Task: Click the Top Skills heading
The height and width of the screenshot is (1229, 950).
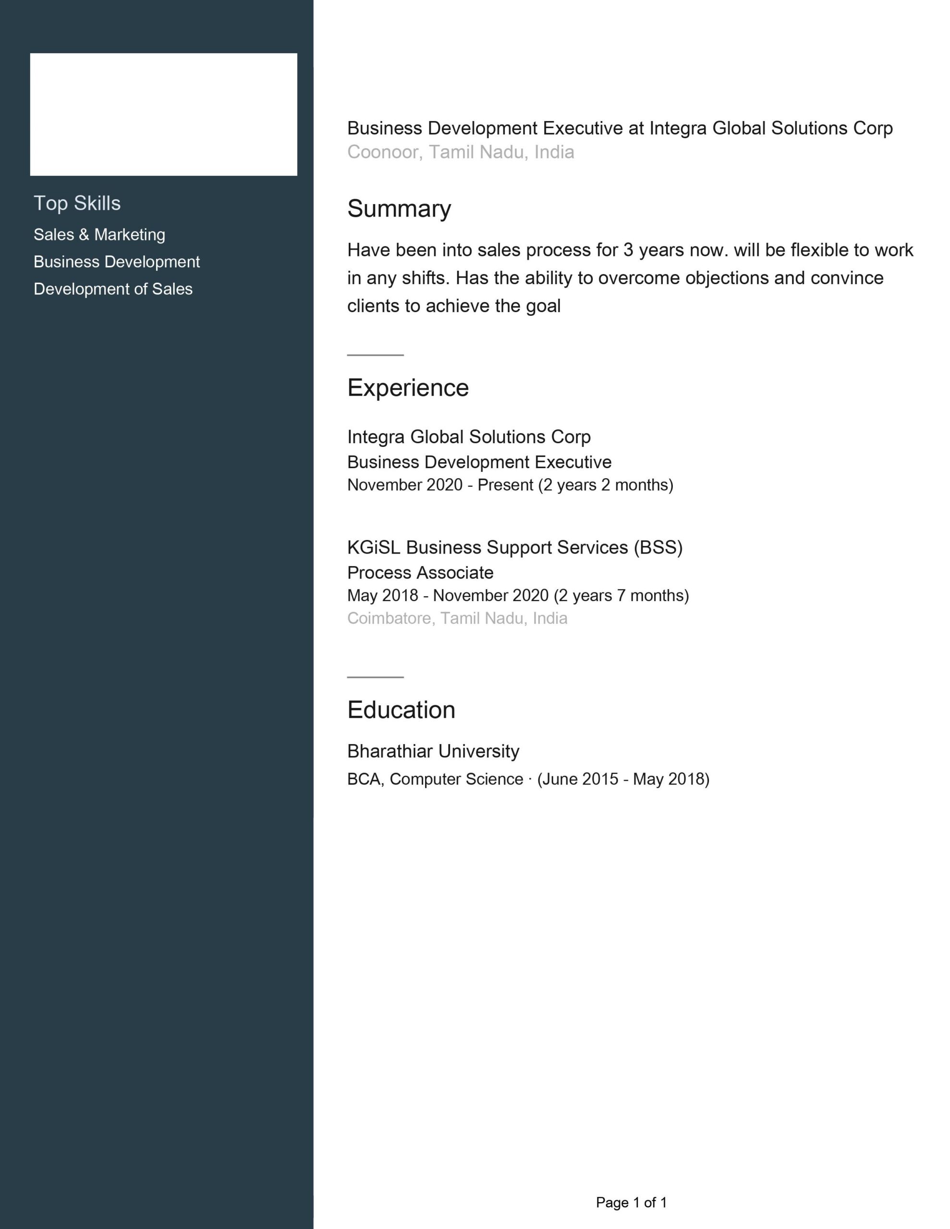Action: point(77,203)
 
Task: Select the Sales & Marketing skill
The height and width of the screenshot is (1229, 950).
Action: point(99,235)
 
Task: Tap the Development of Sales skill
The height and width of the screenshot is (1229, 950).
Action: point(112,289)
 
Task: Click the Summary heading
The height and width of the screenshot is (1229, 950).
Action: point(399,209)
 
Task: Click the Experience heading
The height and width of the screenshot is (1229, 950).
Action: point(408,388)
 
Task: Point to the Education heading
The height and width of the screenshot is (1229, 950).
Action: point(401,710)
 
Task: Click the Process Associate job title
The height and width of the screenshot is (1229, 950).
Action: point(420,573)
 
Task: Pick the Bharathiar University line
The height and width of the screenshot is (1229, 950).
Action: point(433,751)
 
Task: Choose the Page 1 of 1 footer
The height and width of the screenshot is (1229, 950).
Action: point(631,1203)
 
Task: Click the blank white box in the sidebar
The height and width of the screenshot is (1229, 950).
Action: point(163,115)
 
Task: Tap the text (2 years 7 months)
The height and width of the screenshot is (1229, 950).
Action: point(621,595)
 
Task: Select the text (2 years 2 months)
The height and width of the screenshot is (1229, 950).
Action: point(605,485)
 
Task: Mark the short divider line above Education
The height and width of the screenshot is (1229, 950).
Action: point(375,677)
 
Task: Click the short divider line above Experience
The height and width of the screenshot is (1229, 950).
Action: point(375,355)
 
